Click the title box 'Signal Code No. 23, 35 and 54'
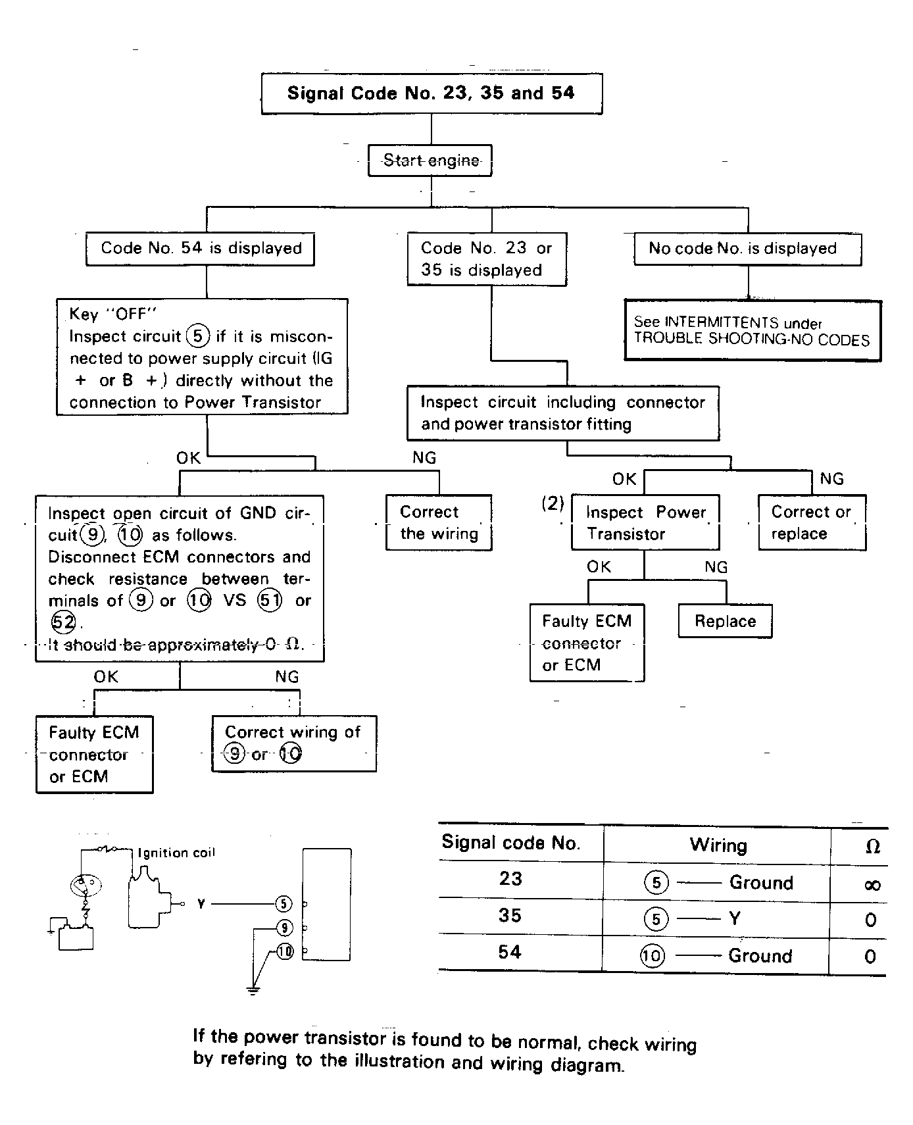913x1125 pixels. coord(431,93)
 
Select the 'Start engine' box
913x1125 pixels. coord(431,161)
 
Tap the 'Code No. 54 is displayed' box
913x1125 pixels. coord(201,249)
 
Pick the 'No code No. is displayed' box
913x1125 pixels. coord(747,249)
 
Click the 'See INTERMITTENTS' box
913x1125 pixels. coord(752,331)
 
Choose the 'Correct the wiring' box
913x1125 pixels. coord(439,522)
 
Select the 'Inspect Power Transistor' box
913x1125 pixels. coord(645,522)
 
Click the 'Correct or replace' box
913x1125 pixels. coord(811,522)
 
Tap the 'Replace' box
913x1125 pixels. coord(725,621)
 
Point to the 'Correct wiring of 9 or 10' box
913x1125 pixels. coord(293,743)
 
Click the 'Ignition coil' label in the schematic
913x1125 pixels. coord(176,853)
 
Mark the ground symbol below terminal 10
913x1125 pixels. coord(253,989)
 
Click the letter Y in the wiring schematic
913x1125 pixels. coord(201,904)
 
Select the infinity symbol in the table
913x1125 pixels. coord(872,885)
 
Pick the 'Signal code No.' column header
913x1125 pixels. coord(511,843)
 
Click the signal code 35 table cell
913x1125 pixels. coord(510,915)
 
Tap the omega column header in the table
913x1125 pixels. coord(872,847)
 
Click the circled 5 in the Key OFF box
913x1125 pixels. coord(198,336)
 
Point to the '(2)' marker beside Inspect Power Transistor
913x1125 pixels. coord(553,503)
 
